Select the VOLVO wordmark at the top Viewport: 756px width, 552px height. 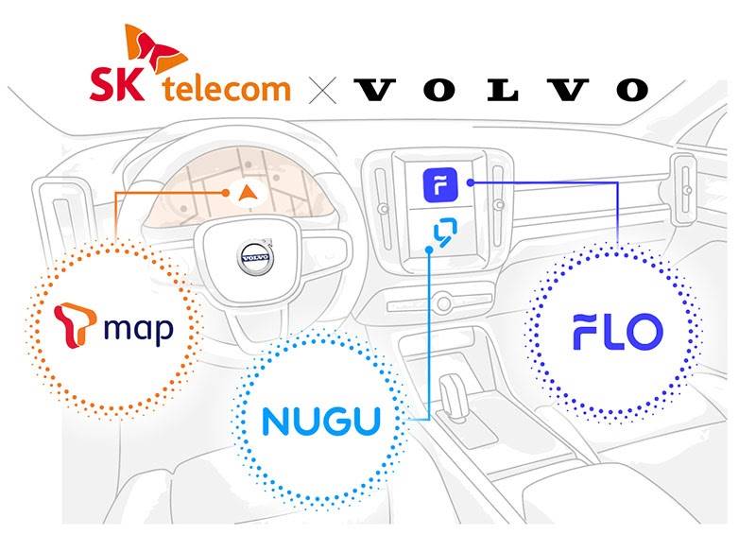[x=502, y=90]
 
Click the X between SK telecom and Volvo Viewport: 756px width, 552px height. [x=323, y=90]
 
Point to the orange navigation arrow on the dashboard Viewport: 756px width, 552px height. [x=248, y=193]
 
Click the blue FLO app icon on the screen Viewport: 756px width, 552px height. [x=440, y=183]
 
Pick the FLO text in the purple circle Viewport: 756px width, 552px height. [x=617, y=331]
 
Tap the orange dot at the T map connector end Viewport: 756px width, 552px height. [x=228, y=193]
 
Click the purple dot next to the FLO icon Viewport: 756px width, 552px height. [x=470, y=182]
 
